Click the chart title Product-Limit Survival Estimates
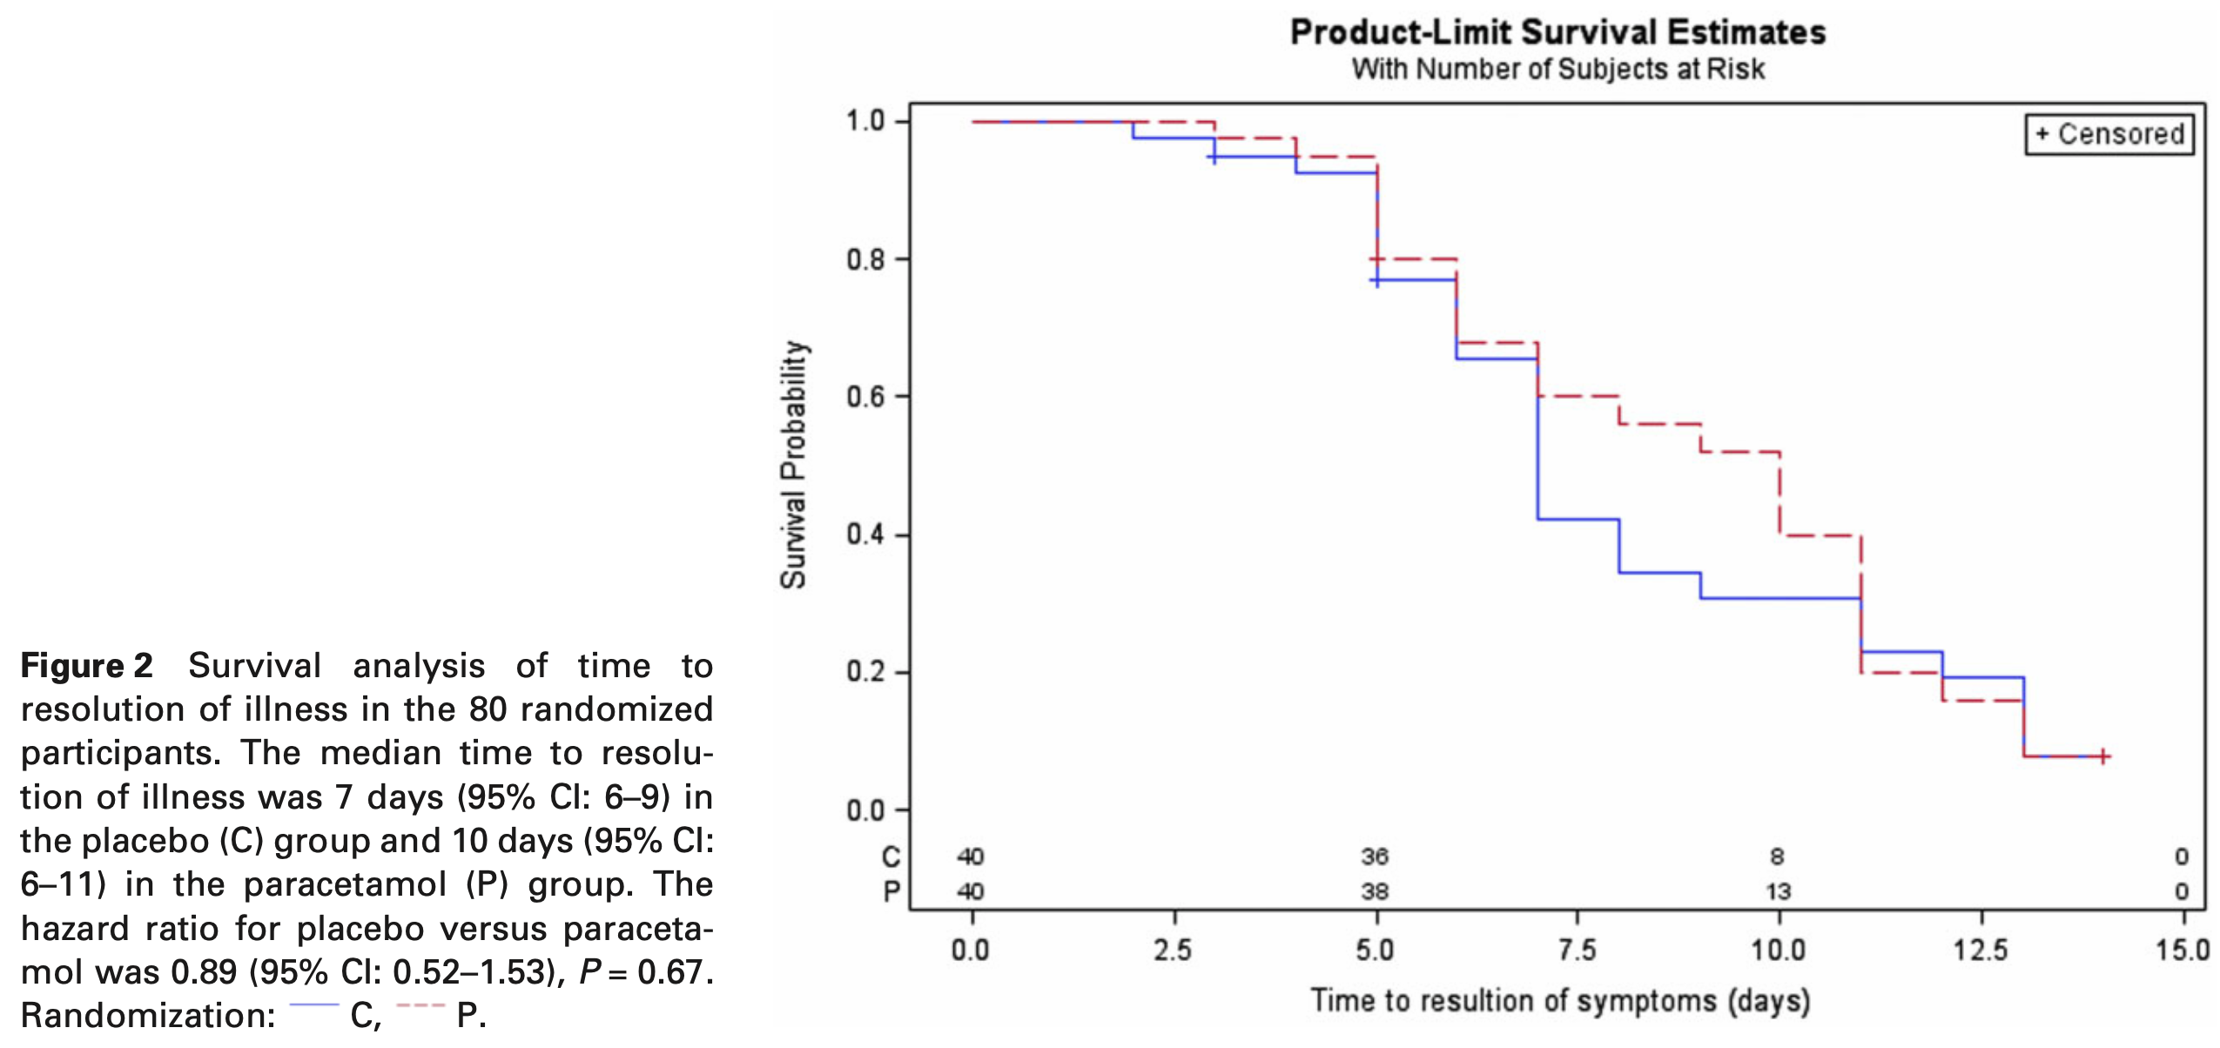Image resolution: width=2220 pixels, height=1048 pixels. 1557,33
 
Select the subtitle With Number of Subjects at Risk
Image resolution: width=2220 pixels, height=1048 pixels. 1557,69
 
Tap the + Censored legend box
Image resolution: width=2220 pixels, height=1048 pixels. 2109,135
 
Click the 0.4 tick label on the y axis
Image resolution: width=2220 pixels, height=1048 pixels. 865,534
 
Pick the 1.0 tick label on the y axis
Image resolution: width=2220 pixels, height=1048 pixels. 865,121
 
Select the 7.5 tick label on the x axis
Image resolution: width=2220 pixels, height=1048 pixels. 1578,950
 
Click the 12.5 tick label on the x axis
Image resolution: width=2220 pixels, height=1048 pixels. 1981,950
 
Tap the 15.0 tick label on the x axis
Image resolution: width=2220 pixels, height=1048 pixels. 2183,950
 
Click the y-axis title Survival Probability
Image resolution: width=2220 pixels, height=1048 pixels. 793,465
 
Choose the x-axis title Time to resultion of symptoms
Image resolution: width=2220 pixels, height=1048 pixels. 1560,1001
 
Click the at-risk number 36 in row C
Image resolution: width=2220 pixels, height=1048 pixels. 1376,857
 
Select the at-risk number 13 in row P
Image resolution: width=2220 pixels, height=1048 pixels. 1778,892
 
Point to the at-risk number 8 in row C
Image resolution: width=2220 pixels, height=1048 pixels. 1778,857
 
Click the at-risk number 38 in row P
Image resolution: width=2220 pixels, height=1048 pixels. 1376,892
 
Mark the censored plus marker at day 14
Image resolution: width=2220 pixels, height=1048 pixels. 2102,756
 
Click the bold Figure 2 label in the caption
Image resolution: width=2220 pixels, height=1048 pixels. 87,666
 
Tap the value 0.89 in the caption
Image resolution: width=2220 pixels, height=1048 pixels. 204,972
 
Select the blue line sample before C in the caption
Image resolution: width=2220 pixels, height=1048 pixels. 313,1006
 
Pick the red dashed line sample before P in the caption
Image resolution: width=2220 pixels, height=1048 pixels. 420,1006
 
